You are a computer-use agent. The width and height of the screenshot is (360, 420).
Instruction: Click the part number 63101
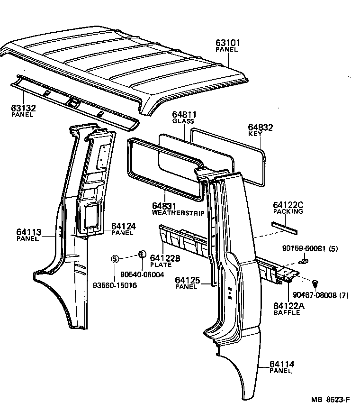228,43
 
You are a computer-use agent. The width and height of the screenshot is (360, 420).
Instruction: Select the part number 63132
23,109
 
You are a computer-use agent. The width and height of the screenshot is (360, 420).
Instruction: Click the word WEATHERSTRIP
178,213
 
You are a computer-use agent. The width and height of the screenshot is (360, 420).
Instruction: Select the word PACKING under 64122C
288,211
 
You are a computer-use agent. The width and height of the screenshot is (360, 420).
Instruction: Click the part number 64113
29,232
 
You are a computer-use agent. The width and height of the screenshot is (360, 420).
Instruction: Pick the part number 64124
124,227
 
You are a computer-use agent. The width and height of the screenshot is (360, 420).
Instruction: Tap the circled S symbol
114,259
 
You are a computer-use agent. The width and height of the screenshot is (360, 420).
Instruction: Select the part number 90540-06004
142,274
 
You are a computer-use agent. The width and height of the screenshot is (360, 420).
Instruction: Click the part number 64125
188,281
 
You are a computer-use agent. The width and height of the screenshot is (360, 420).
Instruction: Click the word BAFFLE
287,313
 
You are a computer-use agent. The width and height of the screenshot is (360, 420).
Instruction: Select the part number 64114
282,364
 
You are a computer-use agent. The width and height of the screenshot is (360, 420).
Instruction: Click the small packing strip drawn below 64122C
284,228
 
